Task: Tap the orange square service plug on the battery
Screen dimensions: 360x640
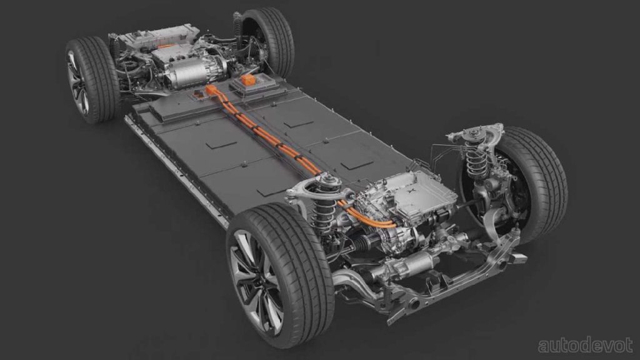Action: point(249,81)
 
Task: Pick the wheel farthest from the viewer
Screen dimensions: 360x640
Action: point(269,41)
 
